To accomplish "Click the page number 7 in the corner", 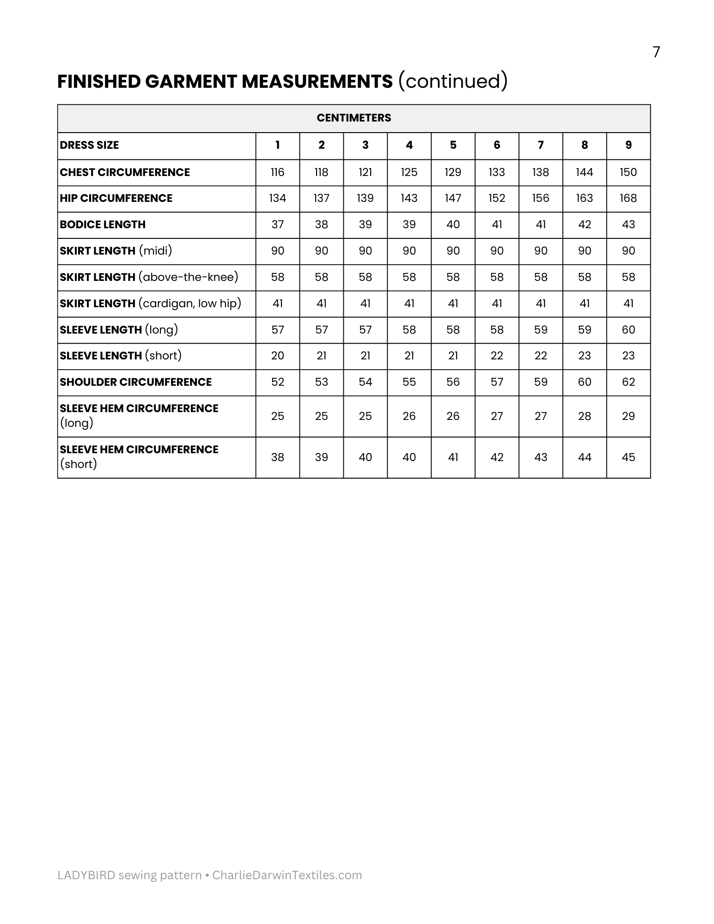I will (656, 52).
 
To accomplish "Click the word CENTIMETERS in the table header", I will (354, 118).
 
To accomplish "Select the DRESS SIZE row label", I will (89, 145).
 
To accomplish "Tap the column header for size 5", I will (453, 145).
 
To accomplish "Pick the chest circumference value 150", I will (628, 172).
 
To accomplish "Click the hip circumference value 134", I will (277, 198).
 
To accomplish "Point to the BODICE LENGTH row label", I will (103, 225).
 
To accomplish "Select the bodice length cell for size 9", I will (628, 225).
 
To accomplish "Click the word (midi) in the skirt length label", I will (155, 250).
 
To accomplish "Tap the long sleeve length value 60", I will (628, 330).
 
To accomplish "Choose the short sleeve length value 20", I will (277, 356).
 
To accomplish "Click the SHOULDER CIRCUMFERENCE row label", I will (135, 382).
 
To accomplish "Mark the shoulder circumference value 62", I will (628, 382).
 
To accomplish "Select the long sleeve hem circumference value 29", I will (628, 416).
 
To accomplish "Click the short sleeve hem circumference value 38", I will (277, 457).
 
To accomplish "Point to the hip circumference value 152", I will (497, 198).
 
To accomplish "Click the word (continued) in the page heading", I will (453, 81).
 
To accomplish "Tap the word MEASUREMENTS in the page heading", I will (317, 81).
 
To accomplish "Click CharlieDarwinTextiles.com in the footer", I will (287, 875).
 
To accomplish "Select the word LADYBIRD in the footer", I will (86, 875).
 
